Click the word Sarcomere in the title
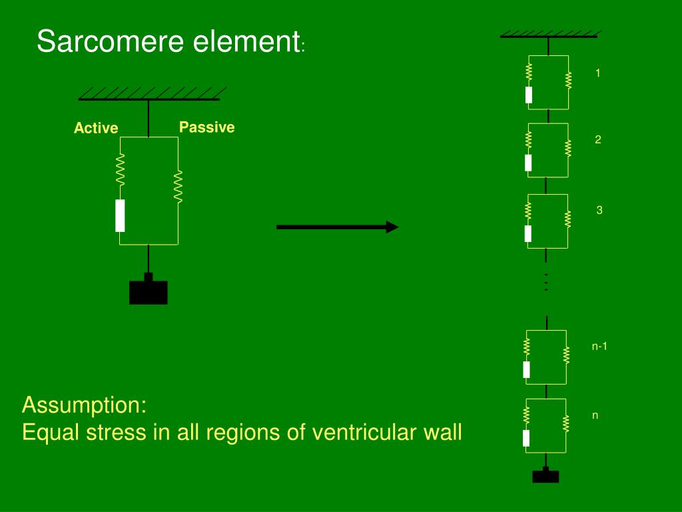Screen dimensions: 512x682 pyautogui.click(x=111, y=42)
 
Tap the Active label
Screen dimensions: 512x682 pyautogui.click(x=96, y=128)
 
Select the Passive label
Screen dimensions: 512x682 pyautogui.click(x=206, y=127)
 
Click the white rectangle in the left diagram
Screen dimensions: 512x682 pyautogui.click(x=120, y=215)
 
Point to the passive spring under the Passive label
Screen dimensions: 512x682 pyautogui.click(x=178, y=186)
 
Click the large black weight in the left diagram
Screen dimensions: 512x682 pyautogui.click(x=148, y=291)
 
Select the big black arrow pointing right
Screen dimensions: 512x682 pyautogui.click(x=337, y=227)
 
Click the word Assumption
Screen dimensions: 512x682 pyautogui.click(x=84, y=405)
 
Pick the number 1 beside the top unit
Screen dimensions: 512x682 pyautogui.click(x=598, y=73)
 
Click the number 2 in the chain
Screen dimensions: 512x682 pyautogui.click(x=598, y=140)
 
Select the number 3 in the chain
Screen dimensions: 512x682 pyautogui.click(x=599, y=210)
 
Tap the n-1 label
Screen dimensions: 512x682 pyautogui.click(x=599, y=346)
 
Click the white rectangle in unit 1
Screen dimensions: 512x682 pyautogui.click(x=529, y=95)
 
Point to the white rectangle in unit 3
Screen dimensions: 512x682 pyautogui.click(x=528, y=233)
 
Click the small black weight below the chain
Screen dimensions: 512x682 pyautogui.click(x=545, y=475)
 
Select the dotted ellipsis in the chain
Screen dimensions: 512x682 pyautogui.click(x=545, y=282)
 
